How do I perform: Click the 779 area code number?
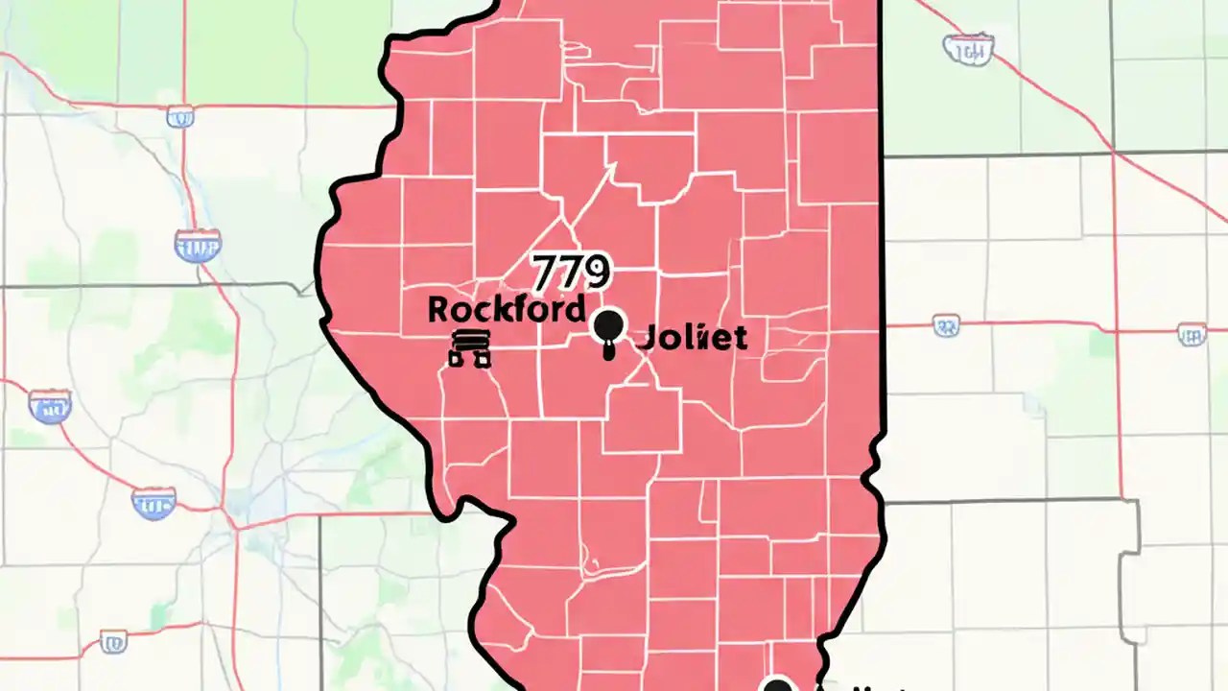pyautogui.click(x=571, y=273)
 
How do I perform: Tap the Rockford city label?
pyautogui.click(x=506, y=309)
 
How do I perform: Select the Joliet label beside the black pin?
pyautogui.click(x=692, y=337)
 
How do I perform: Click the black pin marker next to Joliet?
pyautogui.click(x=608, y=329)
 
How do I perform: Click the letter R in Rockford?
pyautogui.click(x=438, y=310)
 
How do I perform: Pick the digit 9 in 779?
pyautogui.click(x=595, y=273)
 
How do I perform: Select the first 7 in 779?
pyautogui.click(x=546, y=273)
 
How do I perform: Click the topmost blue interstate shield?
pyautogui.click(x=198, y=246)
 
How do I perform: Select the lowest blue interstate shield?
pyautogui.click(x=153, y=503)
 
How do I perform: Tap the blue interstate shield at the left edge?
pyautogui.click(x=50, y=406)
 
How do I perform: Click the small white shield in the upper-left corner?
pyautogui.click(x=179, y=117)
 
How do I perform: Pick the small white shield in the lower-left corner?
pyautogui.click(x=113, y=640)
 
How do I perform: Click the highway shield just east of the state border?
pyautogui.click(x=946, y=326)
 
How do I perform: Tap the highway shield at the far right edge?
pyautogui.click(x=1192, y=334)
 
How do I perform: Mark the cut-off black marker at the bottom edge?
pyautogui.click(x=777, y=684)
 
